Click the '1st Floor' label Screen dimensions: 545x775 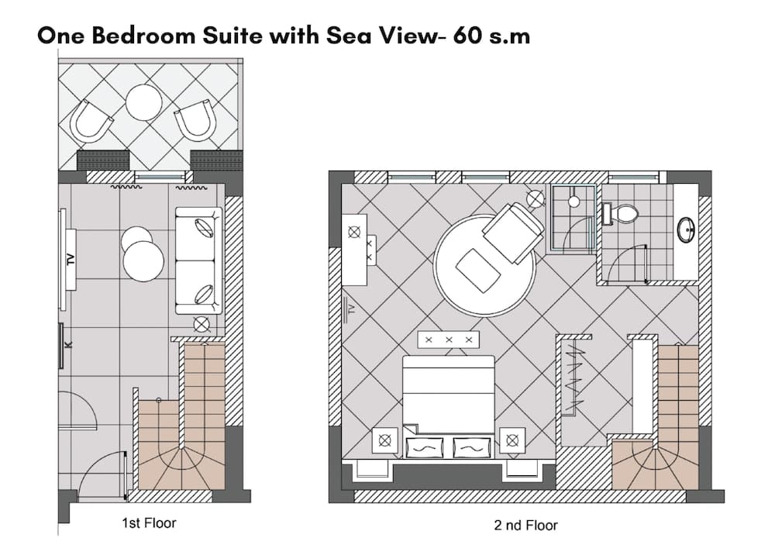149,523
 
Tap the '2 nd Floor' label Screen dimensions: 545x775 525,526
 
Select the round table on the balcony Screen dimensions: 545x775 143,102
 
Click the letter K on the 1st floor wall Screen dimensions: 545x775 67,343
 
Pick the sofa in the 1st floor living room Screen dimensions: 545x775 198,260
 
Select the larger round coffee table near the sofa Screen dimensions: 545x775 143,261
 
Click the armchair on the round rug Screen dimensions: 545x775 512,232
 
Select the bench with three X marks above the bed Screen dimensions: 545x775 448,340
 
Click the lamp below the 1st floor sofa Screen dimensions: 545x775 202,325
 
